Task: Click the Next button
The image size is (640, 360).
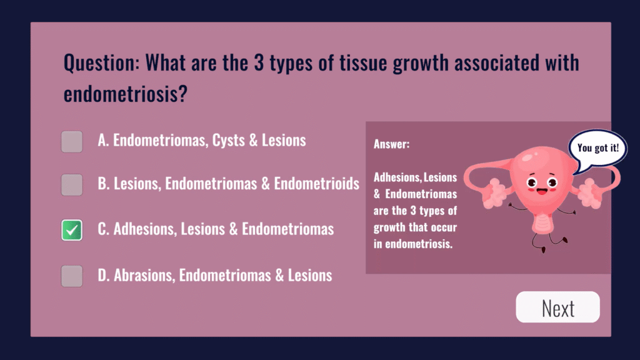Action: point(557,307)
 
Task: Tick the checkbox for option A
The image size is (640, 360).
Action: point(72,142)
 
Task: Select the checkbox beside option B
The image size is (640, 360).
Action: point(72,185)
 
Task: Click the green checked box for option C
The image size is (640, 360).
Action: point(72,230)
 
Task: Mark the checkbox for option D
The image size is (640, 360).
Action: point(72,276)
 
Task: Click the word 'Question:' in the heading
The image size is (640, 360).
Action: point(102,63)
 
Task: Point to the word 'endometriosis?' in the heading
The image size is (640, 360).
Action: point(125,94)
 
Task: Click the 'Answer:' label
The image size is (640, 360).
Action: point(391,144)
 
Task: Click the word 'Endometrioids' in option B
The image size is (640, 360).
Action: point(317,184)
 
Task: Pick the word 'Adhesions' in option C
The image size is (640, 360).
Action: point(145,229)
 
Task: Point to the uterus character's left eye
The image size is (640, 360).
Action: point(531,182)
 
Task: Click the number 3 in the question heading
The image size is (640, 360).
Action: point(259,63)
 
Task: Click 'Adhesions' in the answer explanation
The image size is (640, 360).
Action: point(397,177)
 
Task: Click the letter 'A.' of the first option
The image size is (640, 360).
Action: point(103,141)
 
